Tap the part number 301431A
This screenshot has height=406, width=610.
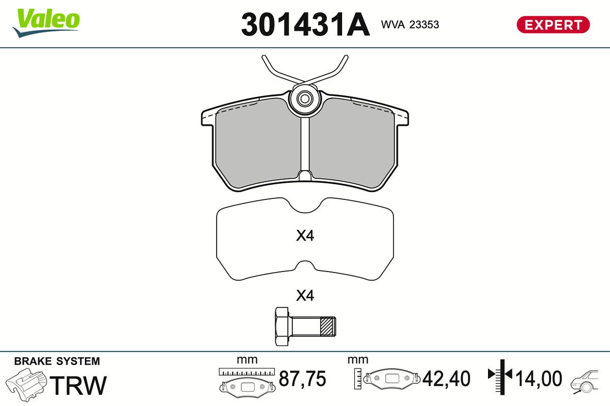tap(306, 25)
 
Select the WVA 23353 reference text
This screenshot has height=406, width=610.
tap(410, 24)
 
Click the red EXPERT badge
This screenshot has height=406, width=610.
tap(553, 25)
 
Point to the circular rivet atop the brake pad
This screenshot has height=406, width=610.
tap(304, 99)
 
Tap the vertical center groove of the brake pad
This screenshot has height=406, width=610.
tap(305, 148)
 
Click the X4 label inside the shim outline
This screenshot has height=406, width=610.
tap(305, 236)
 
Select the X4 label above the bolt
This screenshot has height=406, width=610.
tap(305, 295)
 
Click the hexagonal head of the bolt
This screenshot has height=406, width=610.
tap(282, 326)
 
